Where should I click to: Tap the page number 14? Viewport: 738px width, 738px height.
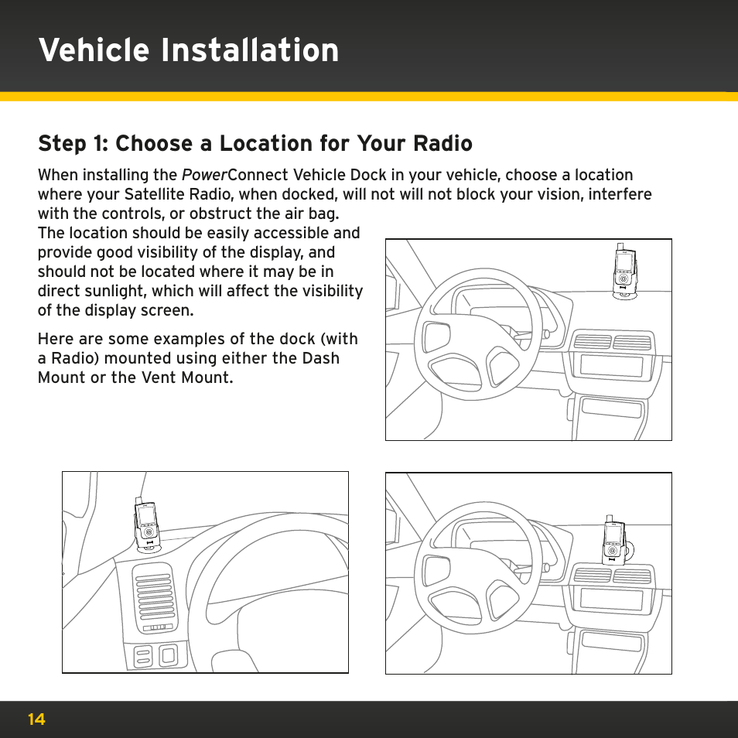(36, 719)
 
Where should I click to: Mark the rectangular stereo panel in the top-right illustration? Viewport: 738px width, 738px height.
(611, 367)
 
